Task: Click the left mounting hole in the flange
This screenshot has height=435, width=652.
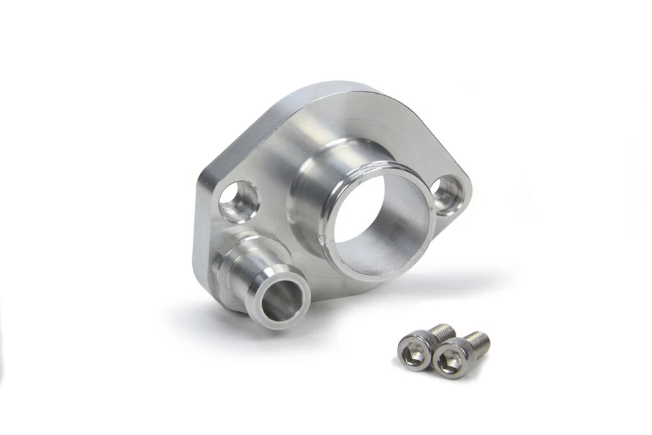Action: [238, 201]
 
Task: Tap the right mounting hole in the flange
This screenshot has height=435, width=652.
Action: [450, 194]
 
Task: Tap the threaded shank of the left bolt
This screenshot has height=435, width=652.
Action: [443, 332]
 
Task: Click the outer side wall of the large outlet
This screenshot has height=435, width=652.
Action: [309, 204]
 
